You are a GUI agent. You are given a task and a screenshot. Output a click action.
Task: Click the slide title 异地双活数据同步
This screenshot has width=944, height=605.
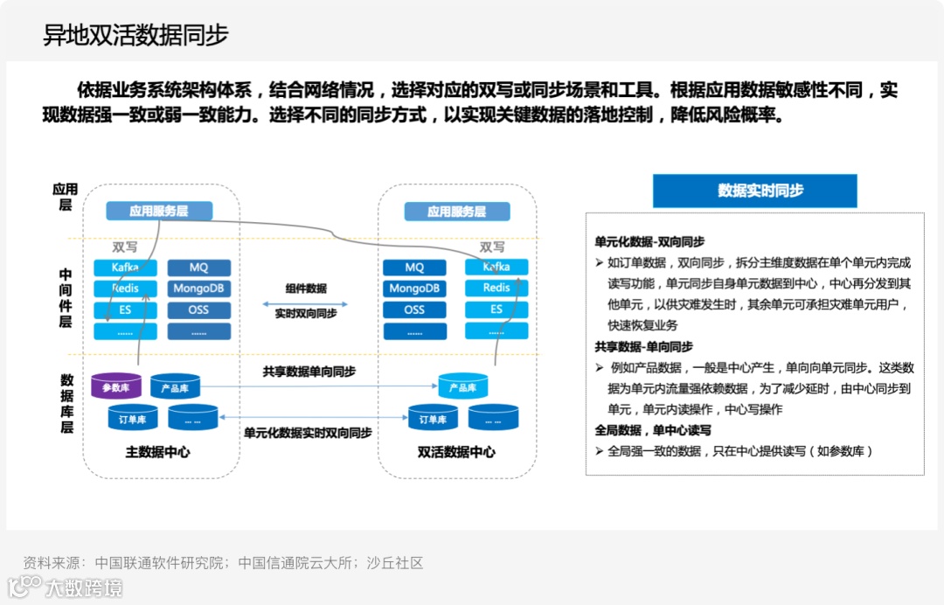(x=135, y=35)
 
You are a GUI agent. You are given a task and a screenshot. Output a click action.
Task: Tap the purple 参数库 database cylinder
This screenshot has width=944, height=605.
(x=115, y=386)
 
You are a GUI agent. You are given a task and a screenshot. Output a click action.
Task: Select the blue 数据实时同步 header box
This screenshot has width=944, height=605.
(x=754, y=191)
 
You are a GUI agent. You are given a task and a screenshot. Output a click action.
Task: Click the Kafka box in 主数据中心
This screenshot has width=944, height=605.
(x=126, y=268)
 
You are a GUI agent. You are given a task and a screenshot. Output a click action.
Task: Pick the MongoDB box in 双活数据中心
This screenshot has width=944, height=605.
(x=414, y=289)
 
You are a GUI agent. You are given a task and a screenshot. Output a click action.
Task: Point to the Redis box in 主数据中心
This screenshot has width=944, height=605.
(x=126, y=289)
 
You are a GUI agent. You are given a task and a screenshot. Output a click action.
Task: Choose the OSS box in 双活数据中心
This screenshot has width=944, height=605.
(x=414, y=309)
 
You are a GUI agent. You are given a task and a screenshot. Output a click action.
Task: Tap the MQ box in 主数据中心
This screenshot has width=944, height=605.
(x=198, y=268)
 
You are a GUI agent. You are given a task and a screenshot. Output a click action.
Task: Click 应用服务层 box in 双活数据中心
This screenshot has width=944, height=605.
(x=456, y=212)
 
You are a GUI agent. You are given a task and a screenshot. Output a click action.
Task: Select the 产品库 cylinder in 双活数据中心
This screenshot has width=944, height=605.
(x=462, y=386)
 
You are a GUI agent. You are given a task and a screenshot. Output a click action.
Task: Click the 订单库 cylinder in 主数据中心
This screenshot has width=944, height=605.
(x=133, y=419)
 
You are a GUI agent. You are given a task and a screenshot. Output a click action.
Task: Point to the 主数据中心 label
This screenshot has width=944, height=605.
(x=157, y=452)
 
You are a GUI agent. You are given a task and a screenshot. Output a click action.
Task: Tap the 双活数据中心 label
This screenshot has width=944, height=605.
(x=456, y=452)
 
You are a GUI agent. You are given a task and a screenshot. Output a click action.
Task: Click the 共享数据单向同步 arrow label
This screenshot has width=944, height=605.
(x=309, y=372)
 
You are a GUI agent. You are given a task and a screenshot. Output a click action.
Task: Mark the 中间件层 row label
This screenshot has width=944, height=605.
(x=66, y=298)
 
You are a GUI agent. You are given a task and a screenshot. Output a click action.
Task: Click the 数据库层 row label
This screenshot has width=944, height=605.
(x=66, y=404)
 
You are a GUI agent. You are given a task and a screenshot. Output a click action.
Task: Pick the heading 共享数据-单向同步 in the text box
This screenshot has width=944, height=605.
(x=643, y=346)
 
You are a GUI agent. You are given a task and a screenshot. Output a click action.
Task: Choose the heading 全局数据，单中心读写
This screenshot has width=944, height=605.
(x=652, y=430)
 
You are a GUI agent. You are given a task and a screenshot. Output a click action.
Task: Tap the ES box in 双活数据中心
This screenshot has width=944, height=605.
(x=496, y=309)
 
